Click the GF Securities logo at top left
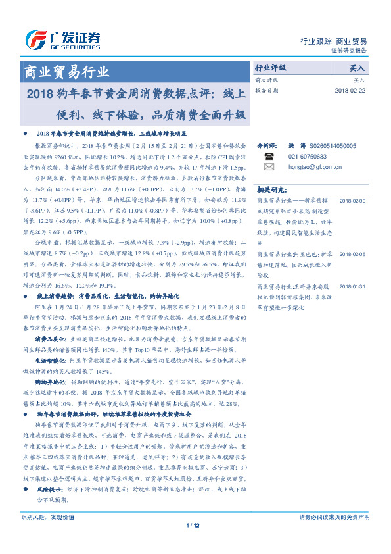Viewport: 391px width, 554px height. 62,39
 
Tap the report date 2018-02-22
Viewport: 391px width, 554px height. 350,91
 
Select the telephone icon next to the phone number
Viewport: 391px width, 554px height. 268,157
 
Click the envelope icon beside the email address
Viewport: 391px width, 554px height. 268,167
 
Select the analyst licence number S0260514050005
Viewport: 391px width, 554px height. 332,146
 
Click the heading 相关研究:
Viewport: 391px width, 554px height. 271,188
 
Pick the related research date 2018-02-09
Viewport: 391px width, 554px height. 352,199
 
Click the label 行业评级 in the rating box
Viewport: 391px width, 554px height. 271,68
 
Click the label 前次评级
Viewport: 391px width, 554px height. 266,80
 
